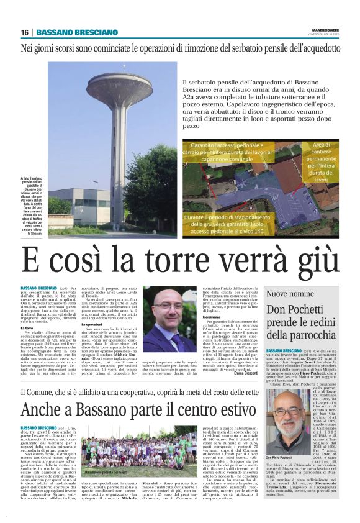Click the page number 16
24,32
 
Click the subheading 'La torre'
28,329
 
